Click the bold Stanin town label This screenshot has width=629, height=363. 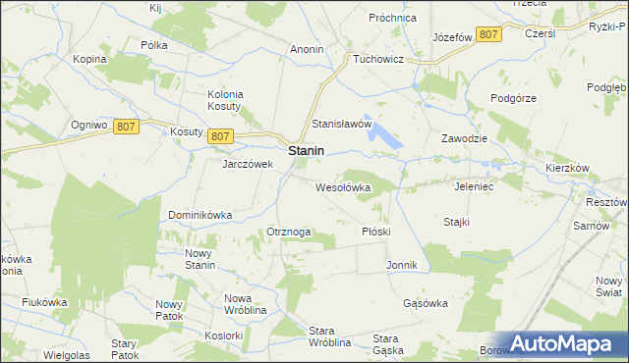tap(307, 152)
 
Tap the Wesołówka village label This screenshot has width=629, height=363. tap(342, 186)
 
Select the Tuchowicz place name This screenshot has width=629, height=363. tap(381, 59)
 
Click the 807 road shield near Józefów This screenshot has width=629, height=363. tap(488, 35)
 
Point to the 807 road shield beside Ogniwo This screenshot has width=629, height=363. tap(125, 127)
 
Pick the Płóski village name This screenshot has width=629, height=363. tap(376, 232)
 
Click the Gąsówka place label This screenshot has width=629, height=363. tap(426, 303)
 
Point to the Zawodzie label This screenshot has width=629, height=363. tap(465, 138)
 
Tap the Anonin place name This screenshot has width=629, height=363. tap(308, 48)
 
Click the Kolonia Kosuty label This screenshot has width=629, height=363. tap(225, 100)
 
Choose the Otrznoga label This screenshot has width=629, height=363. tap(289, 232)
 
